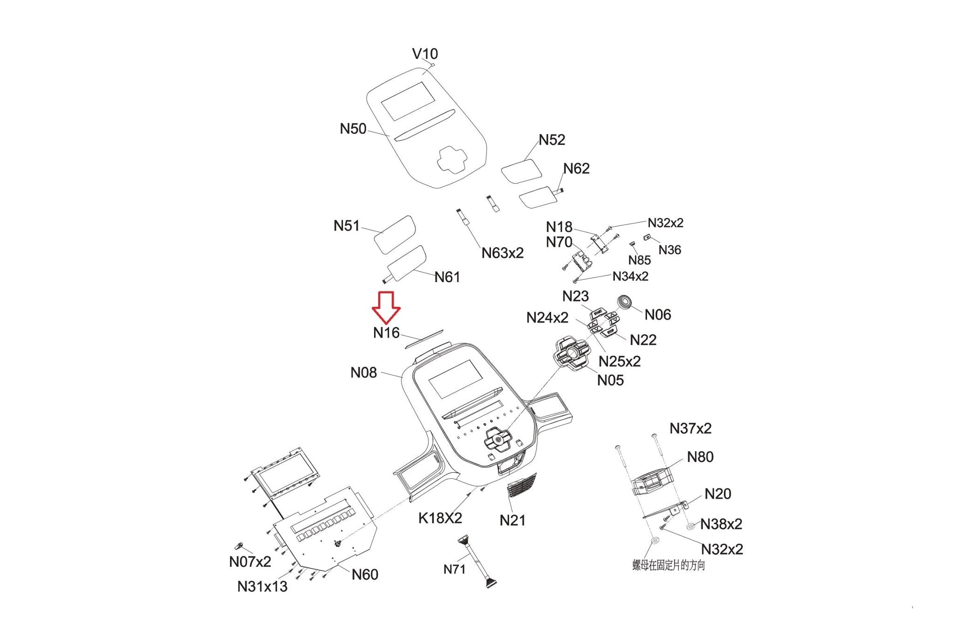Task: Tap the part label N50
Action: click(x=353, y=129)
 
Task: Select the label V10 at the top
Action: click(x=425, y=54)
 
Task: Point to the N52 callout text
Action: click(x=552, y=140)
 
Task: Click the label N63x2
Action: click(x=503, y=253)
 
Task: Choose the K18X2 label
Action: click(x=440, y=518)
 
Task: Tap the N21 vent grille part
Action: click(x=521, y=485)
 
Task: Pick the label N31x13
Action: click(x=262, y=587)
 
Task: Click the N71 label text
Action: click(x=454, y=569)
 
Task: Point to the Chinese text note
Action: click(x=668, y=565)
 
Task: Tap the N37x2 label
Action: click(x=690, y=428)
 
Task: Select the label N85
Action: click(x=640, y=260)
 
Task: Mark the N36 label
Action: click(x=670, y=250)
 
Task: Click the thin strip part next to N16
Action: click(x=424, y=339)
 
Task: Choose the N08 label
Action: click(x=363, y=373)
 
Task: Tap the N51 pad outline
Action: click(x=395, y=235)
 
